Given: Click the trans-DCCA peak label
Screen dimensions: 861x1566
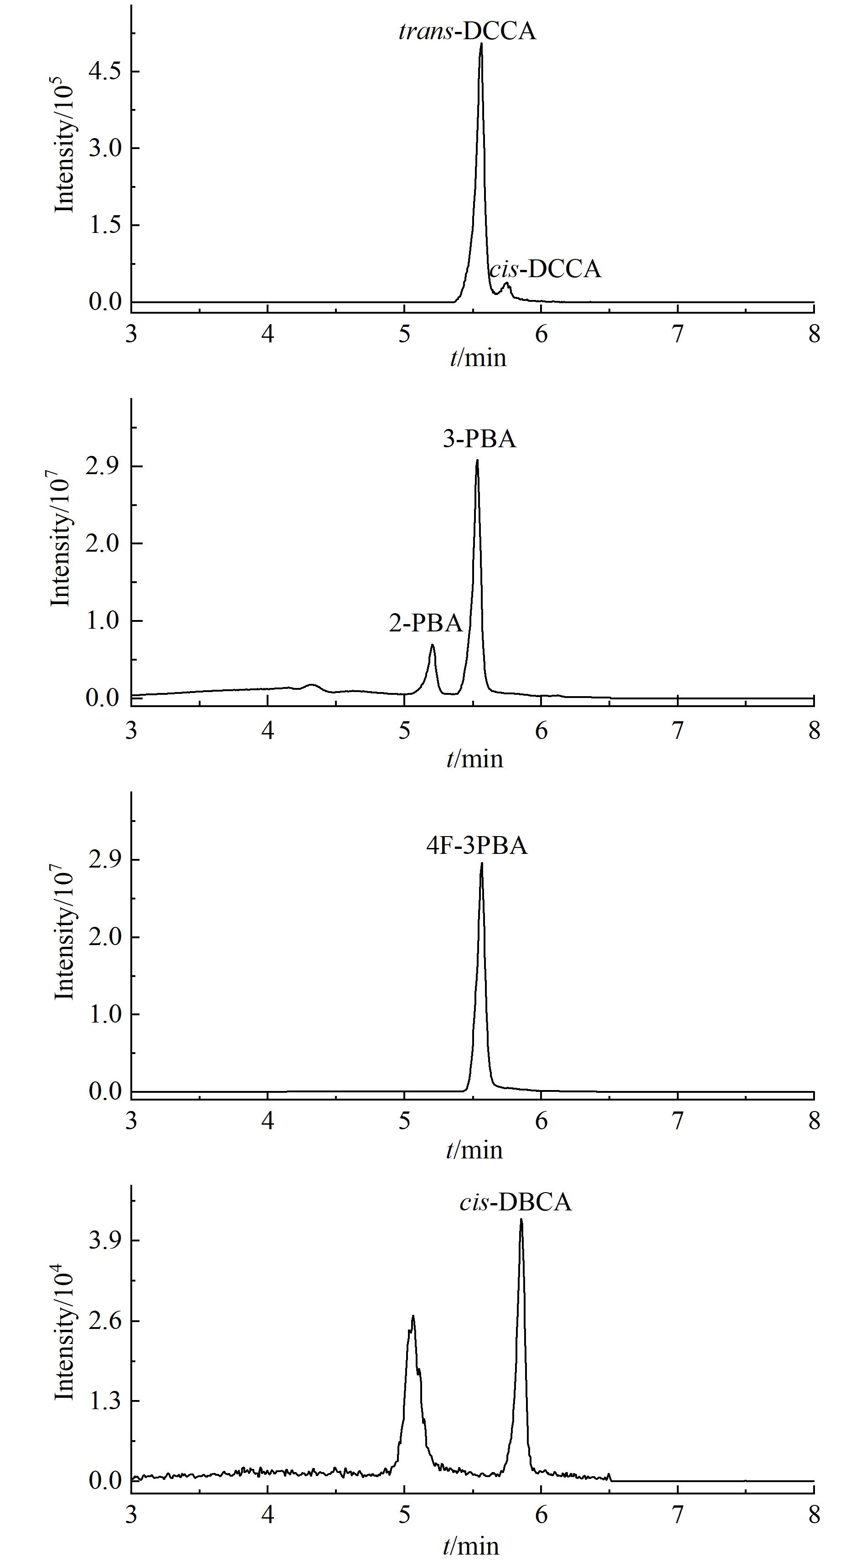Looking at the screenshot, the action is tap(467, 31).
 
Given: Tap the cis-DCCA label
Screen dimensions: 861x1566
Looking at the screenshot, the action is tap(545, 269).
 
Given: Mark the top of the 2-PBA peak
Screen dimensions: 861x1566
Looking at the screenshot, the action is tap(432, 645).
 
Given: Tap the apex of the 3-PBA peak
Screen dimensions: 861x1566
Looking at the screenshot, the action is tap(477, 460).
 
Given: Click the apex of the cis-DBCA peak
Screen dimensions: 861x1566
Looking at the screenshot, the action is tap(521, 1220).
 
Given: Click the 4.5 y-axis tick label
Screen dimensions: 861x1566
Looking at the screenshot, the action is tap(105, 71).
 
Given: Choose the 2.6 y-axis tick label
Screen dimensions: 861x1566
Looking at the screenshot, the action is tap(105, 1321).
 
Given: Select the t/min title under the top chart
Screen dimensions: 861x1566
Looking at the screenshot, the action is tap(478, 358).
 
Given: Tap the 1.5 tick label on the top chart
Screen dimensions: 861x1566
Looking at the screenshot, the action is tap(105, 225).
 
